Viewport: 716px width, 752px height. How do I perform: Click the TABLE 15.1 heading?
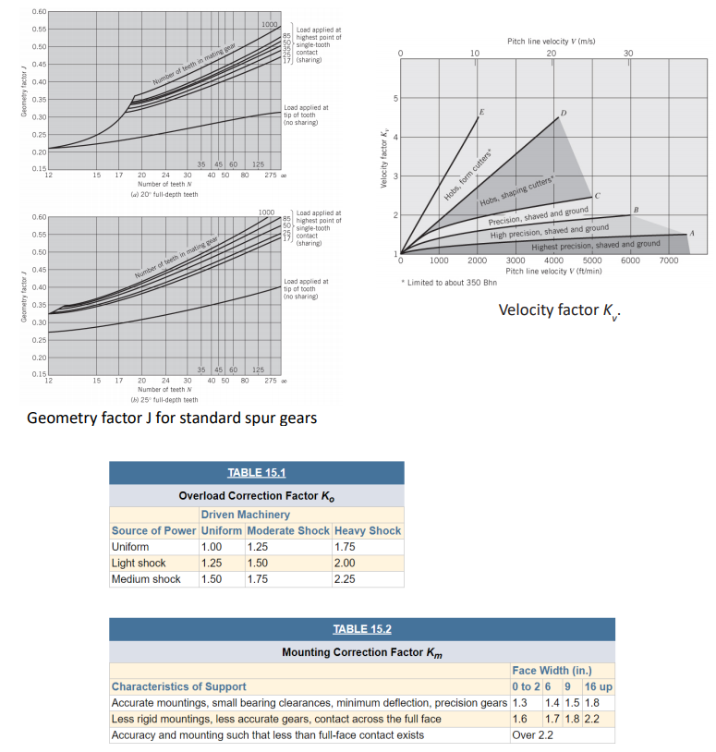(x=256, y=473)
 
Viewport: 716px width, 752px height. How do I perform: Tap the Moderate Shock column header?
(x=286, y=530)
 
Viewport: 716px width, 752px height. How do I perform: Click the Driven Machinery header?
(x=245, y=514)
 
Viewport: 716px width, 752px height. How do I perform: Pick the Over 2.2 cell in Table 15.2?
(x=533, y=734)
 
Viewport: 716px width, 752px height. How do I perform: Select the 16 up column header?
(x=599, y=686)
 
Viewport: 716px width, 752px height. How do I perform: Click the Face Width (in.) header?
(x=552, y=670)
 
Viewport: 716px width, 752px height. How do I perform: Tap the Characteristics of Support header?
(x=178, y=686)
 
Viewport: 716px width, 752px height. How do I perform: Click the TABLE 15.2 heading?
(x=361, y=629)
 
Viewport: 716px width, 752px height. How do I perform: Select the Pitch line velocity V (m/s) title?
(x=550, y=42)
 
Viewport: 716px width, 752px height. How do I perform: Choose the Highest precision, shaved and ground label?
(x=595, y=244)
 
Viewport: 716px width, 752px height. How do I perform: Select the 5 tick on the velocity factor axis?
(x=395, y=98)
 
